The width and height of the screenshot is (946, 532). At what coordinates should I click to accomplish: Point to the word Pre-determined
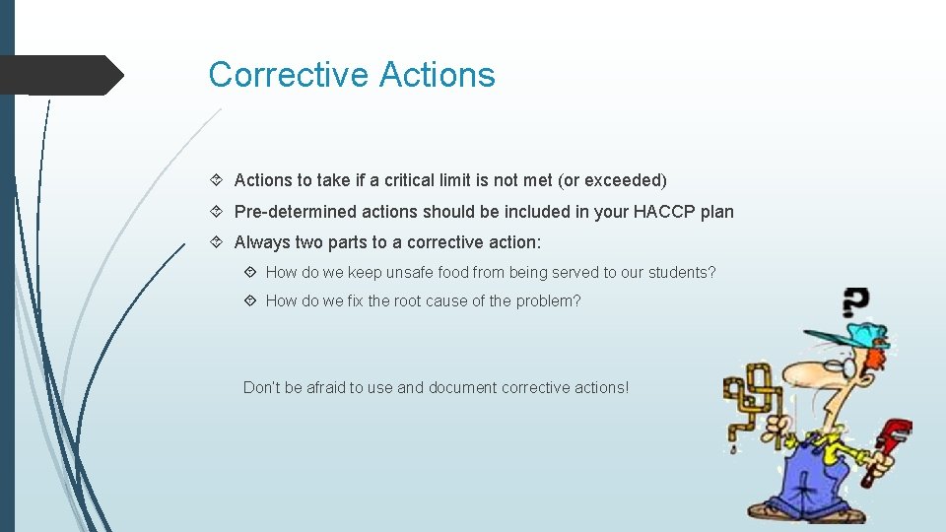(295, 212)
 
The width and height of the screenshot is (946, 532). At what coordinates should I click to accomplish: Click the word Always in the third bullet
(262, 242)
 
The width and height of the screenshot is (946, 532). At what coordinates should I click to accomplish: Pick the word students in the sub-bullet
(680, 273)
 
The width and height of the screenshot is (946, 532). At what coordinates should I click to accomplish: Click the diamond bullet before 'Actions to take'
(217, 180)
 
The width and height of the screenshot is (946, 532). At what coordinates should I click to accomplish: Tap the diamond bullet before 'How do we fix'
(249, 301)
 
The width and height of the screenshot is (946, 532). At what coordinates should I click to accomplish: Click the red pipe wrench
(885, 448)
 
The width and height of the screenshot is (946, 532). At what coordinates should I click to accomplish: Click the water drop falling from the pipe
(733, 450)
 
